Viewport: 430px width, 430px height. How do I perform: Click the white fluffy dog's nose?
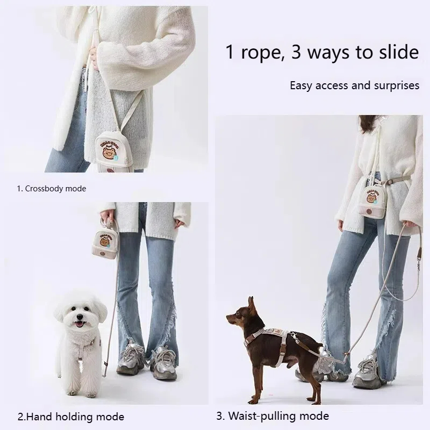pyautogui.click(x=80, y=317)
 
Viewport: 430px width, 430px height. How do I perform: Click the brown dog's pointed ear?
pyautogui.click(x=251, y=305)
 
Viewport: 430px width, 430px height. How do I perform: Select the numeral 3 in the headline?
pyautogui.click(x=296, y=53)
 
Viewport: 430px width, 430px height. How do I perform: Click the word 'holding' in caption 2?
pyautogui.click(x=73, y=417)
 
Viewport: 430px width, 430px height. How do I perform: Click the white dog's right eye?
pyautogui.click(x=73, y=309)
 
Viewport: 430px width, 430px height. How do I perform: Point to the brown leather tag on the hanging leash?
pyautogui.click(x=419, y=254)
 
